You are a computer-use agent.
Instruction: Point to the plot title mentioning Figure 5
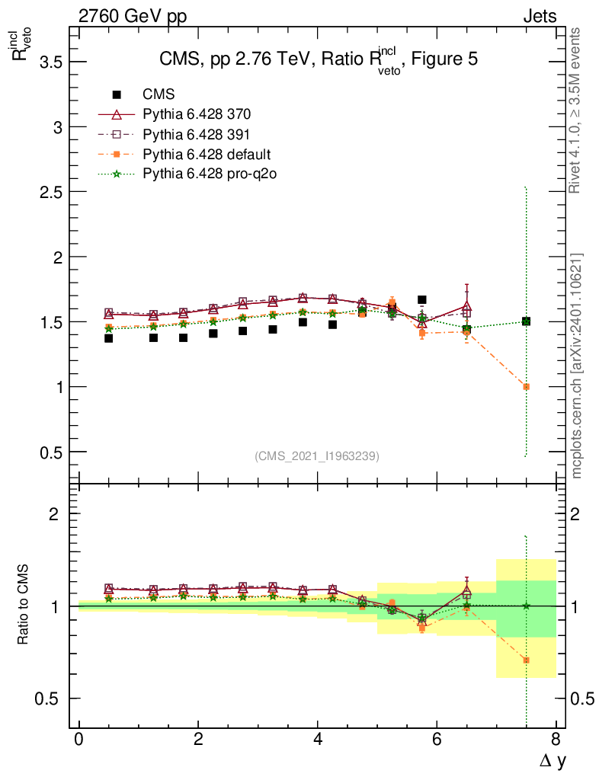tap(318, 61)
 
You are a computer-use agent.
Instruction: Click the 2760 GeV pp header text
tap(133, 16)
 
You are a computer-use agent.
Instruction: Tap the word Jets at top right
tap(539, 16)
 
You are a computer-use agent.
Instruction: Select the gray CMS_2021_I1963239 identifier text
tap(317, 456)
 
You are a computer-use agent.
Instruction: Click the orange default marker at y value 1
tap(526, 387)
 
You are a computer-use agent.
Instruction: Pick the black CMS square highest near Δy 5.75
tap(421, 300)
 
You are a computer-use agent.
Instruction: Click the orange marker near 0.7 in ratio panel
tap(526, 660)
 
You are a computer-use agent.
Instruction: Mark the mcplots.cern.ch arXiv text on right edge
tap(577, 366)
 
